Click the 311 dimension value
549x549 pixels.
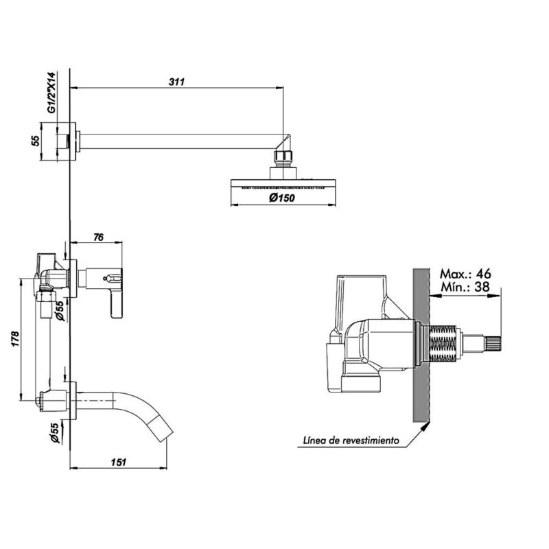pyautogui.click(x=177, y=82)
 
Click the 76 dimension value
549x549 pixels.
pyautogui.click(x=98, y=237)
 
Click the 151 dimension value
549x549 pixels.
pyautogui.click(x=117, y=463)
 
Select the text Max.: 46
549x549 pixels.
pyautogui.click(x=465, y=273)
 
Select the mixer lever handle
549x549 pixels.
pyautogui.click(x=115, y=295)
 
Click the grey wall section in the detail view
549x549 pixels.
pyautogui.click(x=421, y=343)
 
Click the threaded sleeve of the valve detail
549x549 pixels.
pyautogui.click(x=443, y=343)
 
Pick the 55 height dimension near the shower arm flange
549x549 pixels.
pyautogui.click(x=36, y=141)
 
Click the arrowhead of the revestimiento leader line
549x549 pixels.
pyautogui.click(x=426, y=426)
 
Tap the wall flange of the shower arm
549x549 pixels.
pyautogui.click(x=78, y=141)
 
